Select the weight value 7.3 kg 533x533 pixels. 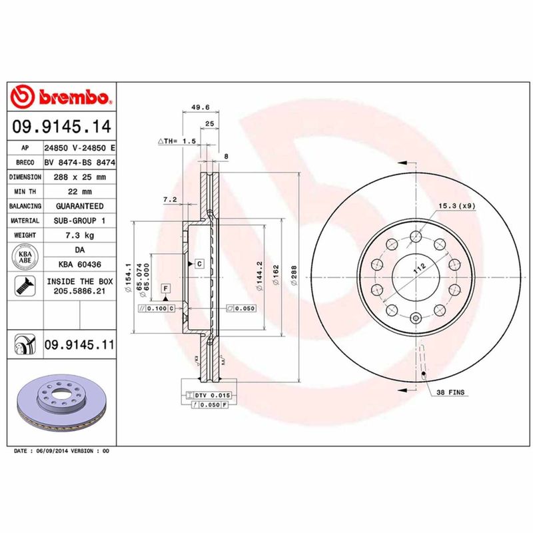79,236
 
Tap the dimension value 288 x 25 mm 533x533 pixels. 79,177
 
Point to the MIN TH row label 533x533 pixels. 25,192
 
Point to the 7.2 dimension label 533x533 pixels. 169,199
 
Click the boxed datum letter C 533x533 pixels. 199,265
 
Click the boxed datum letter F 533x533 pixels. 165,288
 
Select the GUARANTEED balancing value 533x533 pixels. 79,207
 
